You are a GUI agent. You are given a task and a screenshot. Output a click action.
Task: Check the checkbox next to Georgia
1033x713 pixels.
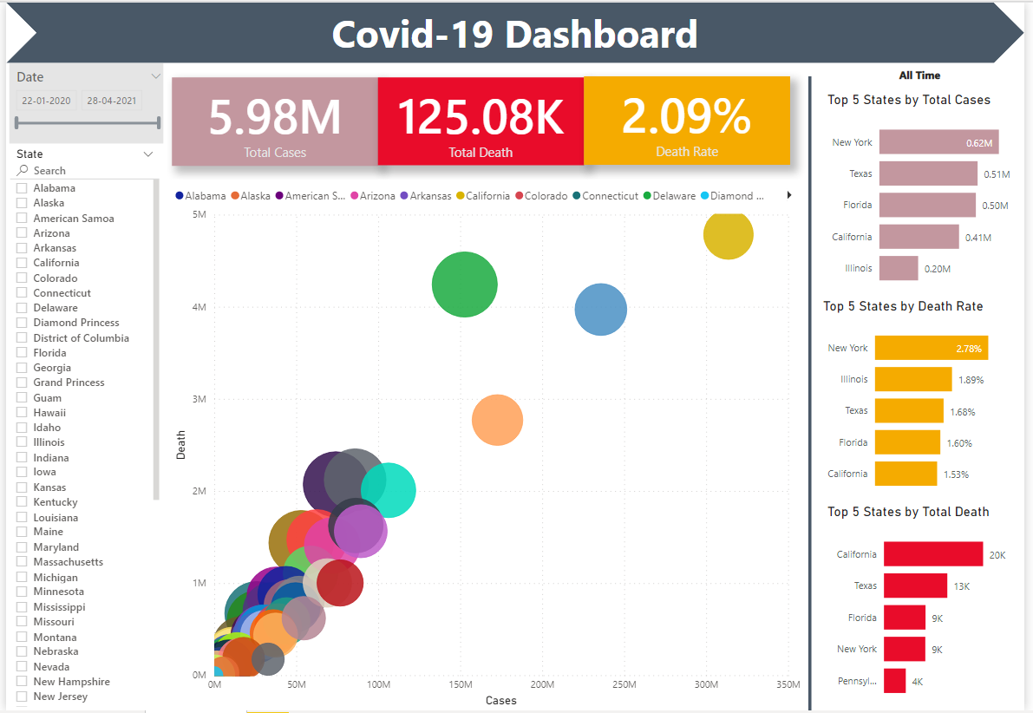(22, 368)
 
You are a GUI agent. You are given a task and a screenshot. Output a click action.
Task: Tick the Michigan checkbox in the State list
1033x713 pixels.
(22, 578)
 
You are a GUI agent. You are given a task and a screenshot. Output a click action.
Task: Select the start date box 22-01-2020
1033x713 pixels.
(46, 101)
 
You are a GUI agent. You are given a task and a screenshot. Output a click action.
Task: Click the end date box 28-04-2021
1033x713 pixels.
(111, 101)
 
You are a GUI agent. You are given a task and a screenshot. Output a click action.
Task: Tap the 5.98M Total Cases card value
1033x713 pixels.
(275, 117)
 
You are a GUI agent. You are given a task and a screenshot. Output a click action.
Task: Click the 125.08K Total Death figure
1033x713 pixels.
(481, 117)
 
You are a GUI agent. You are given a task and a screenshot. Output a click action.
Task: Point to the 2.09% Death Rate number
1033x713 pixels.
(686, 116)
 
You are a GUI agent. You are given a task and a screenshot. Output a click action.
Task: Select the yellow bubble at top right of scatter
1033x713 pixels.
(728, 235)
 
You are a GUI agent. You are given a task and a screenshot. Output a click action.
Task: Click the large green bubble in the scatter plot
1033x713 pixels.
(464, 285)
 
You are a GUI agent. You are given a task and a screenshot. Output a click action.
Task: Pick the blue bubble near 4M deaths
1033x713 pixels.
(601, 310)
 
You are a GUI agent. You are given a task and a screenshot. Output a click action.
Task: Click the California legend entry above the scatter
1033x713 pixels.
(483, 196)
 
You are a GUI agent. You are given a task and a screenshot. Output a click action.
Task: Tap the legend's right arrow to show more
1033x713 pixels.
(789, 195)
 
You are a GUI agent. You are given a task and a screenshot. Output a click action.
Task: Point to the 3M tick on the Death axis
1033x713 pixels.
(199, 399)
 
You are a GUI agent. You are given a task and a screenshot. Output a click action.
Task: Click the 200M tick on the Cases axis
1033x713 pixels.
(542, 684)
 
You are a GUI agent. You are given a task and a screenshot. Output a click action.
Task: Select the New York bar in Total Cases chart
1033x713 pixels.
(938, 142)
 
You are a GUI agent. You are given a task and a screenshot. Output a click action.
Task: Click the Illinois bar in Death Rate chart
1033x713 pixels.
(913, 380)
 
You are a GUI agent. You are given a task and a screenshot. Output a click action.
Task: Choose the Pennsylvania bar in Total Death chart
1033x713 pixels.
(894, 681)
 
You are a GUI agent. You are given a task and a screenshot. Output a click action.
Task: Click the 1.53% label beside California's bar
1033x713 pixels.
(956, 474)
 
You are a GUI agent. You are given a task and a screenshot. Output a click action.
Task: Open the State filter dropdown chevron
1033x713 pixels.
(148, 154)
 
